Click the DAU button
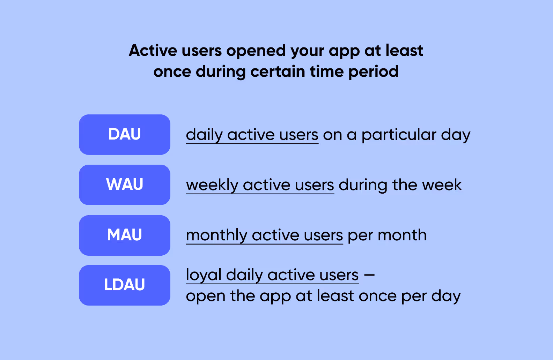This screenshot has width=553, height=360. [x=125, y=135]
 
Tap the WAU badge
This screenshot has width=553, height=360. [x=125, y=185]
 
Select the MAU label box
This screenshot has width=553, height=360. [x=125, y=235]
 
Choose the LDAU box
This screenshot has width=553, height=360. [x=125, y=285]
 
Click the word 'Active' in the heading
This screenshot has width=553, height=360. [x=153, y=51]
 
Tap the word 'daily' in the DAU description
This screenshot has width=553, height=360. [x=204, y=135]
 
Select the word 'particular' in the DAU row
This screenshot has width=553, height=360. [x=399, y=135]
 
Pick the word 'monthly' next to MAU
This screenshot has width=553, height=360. [x=216, y=235]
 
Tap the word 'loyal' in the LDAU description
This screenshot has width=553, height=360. [x=203, y=275]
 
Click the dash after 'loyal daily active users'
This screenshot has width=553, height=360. [x=369, y=275]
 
